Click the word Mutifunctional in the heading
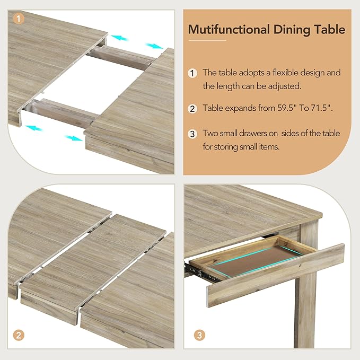pos(222,29)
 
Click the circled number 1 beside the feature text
pos(193,73)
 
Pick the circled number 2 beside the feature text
pos(193,108)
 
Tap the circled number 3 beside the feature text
pos(193,133)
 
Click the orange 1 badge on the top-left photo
pos(19,19)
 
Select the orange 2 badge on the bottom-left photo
pos(19,335)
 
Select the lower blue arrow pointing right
pos(73,138)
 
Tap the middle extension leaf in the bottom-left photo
pos(93,260)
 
